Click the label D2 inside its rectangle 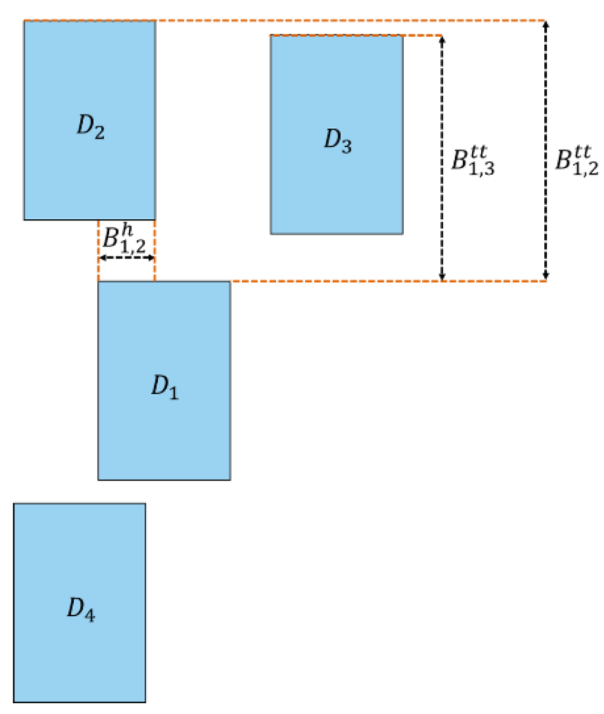[x=90, y=127]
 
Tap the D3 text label [x=338, y=141]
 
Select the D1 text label [x=164, y=387]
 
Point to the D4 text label [x=81, y=609]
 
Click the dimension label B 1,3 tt [x=473, y=161]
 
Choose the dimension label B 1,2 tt [x=577, y=161]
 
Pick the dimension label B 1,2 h [x=124, y=239]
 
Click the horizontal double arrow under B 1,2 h [x=127, y=258]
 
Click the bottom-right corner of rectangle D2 [x=155, y=219]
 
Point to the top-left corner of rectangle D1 [x=99, y=282]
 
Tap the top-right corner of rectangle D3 [x=403, y=36]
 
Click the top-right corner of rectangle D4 [x=145, y=504]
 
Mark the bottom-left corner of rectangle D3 [x=271, y=234]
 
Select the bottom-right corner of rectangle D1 [x=230, y=480]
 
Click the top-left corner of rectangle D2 [x=24, y=21]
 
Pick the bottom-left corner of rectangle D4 [x=14, y=702]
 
